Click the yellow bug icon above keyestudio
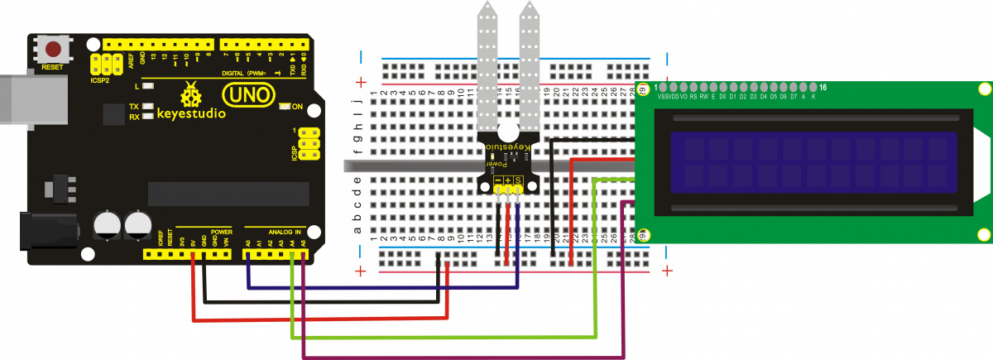tap(192, 94)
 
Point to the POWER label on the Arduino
tap(221, 232)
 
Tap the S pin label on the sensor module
tap(519, 180)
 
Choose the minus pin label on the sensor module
tap(498, 180)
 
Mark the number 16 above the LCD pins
tap(822, 87)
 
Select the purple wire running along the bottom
tap(463, 358)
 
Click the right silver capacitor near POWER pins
tap(137, 224)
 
